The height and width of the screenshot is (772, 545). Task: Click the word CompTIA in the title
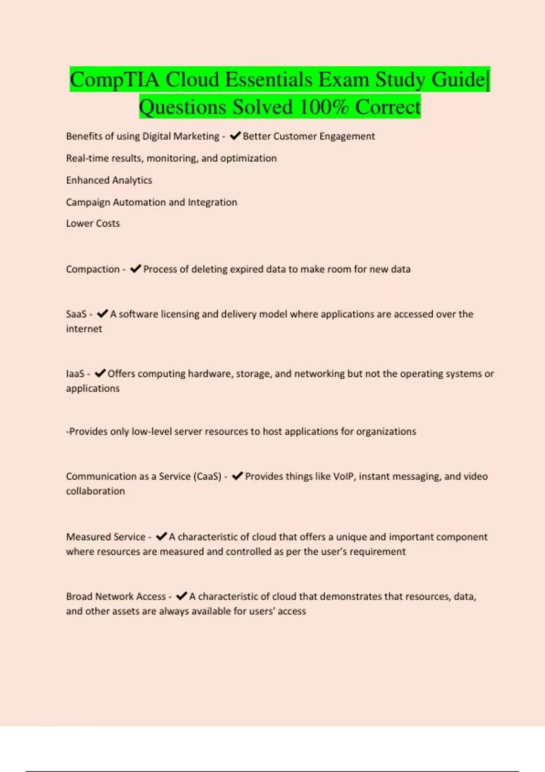pos(114,80)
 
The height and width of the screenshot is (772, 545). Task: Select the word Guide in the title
pos(458,80)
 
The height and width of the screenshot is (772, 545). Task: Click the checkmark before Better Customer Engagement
pos(235,136)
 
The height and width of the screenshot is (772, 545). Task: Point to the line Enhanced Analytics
pos(109,180)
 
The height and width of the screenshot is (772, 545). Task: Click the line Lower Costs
pos(93,223)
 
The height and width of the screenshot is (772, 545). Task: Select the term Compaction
pos(93,269)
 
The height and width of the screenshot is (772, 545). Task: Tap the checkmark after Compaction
pos(135,269)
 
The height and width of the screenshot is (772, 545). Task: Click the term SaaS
pos(76,314)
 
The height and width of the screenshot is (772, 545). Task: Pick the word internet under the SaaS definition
pos(84,329)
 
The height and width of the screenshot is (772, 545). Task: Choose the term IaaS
pos(75,374)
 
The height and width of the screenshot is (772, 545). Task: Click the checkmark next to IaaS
pos(100,373)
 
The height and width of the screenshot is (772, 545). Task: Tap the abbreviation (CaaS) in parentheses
pos(208,476)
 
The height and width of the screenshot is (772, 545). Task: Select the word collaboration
pos(95,491)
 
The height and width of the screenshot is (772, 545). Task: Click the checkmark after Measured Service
pos(161,537)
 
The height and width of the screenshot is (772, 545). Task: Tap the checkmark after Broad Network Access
pos(181,596)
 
